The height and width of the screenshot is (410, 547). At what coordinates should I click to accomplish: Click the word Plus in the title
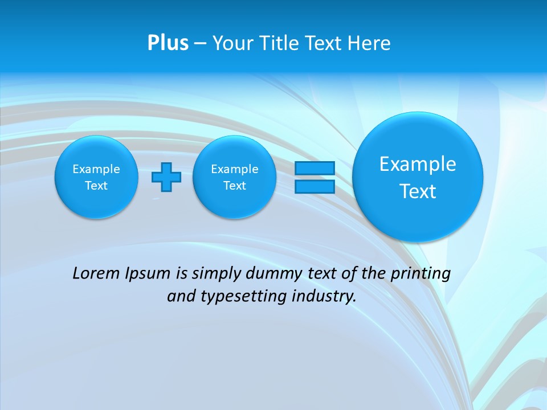click(168, 43)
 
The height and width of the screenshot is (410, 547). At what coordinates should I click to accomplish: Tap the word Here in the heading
click(370, 43)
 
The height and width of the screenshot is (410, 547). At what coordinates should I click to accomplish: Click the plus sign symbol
click(166, 177)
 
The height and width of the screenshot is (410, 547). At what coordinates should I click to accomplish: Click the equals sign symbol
click(315, 177)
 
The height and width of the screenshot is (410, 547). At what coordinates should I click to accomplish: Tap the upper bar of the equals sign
click(315, 168)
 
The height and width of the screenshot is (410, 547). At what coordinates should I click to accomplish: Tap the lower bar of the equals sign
click(315, 186)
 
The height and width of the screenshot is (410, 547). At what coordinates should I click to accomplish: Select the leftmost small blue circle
click(96, 177)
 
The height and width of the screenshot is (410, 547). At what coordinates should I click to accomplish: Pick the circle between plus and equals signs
click(234, 177)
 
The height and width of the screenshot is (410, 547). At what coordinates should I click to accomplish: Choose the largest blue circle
click(418, 177)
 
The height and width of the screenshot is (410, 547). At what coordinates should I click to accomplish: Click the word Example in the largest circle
click(418, 164)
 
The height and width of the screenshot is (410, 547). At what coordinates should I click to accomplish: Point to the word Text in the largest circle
click(418, 191)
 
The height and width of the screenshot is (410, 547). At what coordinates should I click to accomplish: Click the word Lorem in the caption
click(96, 273)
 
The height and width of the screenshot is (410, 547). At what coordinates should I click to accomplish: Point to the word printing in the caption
click(422, 274)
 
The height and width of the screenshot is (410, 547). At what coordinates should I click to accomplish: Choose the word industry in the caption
click(324, 297)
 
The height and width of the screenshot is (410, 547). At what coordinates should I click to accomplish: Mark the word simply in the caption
click(217, 274)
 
